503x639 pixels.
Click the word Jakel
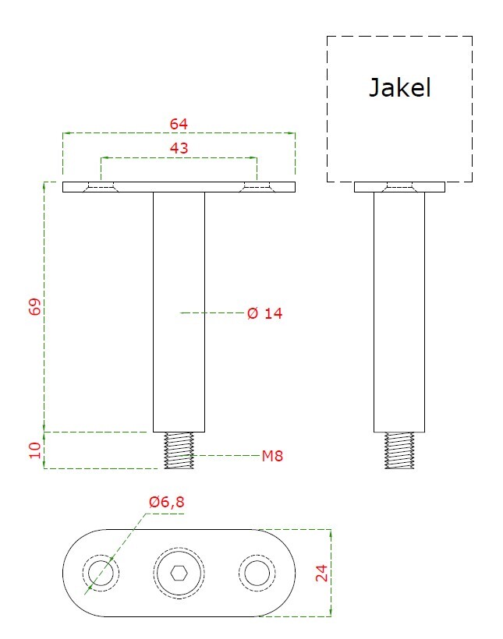click(399, 88)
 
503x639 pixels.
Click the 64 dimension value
click(179, 124)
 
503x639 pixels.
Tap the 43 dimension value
click(179, 148)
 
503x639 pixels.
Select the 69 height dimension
click(35, 306)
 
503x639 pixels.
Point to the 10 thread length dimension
click(35, 450)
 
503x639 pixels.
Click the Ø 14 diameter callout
click(265, 313)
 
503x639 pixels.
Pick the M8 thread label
click(272, 456)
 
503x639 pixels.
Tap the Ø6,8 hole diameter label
click(166, 502)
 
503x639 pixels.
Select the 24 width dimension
click(321, 573)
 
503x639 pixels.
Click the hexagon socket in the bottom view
click(179, 573)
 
